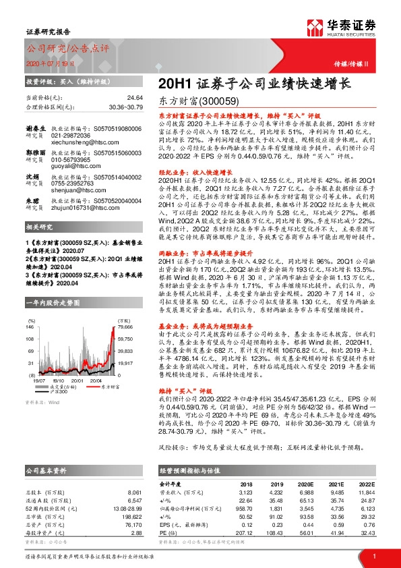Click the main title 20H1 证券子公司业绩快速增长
[254, 84]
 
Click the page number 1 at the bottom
[375, 557]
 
